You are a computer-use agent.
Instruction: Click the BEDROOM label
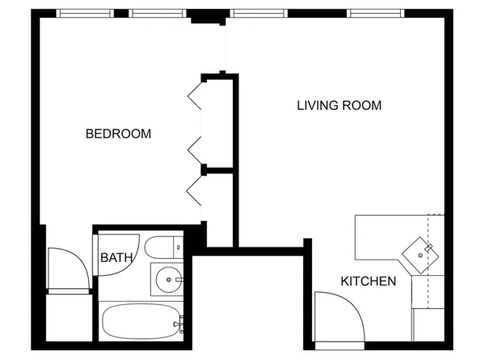[118, 134]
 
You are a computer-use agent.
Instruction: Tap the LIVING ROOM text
[339, 106]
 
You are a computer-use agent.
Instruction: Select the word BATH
[116, 258]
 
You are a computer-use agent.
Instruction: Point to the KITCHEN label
[368, 282]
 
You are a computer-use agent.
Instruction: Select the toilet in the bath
[166, 248]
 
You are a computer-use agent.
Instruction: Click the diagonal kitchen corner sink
[421, 252]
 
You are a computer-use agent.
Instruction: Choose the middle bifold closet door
[195, 149]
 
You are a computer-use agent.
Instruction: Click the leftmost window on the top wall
[85, 14]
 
